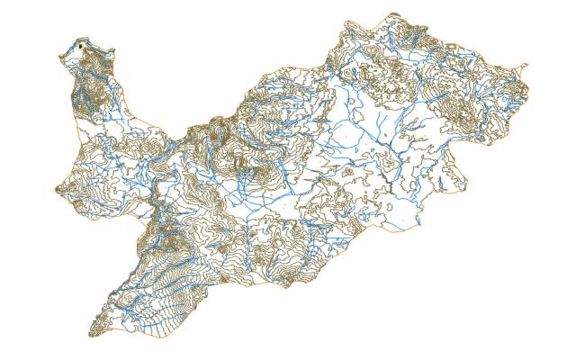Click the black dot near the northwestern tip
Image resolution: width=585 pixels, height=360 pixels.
pyautogui.click(x=81, y=44)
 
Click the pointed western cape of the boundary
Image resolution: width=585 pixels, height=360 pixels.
pyautogui.click(x=57, y=189)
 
